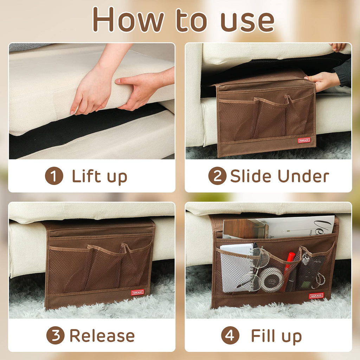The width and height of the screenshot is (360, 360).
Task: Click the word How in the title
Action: click(x=128, y=19)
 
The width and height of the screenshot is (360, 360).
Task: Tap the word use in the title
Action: click(x=247, y=21)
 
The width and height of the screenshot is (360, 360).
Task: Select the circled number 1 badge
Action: click(x=54, y=176)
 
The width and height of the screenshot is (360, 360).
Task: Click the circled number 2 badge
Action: click(x=217, y=176)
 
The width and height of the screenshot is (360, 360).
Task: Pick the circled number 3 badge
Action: click(x=55, y=335)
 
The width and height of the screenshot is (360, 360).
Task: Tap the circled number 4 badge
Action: click(x=230, y=335)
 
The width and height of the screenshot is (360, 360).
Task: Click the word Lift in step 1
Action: click(x=86, y=176)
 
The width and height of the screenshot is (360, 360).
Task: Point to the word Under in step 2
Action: click(x=303, y=176)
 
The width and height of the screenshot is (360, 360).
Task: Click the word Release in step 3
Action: click(x=102, y=335)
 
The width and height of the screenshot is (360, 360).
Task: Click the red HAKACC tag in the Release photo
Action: click(x=137, y=292)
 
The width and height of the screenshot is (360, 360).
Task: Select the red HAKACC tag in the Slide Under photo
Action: click(x=304, y=140)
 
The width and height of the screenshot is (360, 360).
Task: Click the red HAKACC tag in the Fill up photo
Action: click(x=316, y=296)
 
